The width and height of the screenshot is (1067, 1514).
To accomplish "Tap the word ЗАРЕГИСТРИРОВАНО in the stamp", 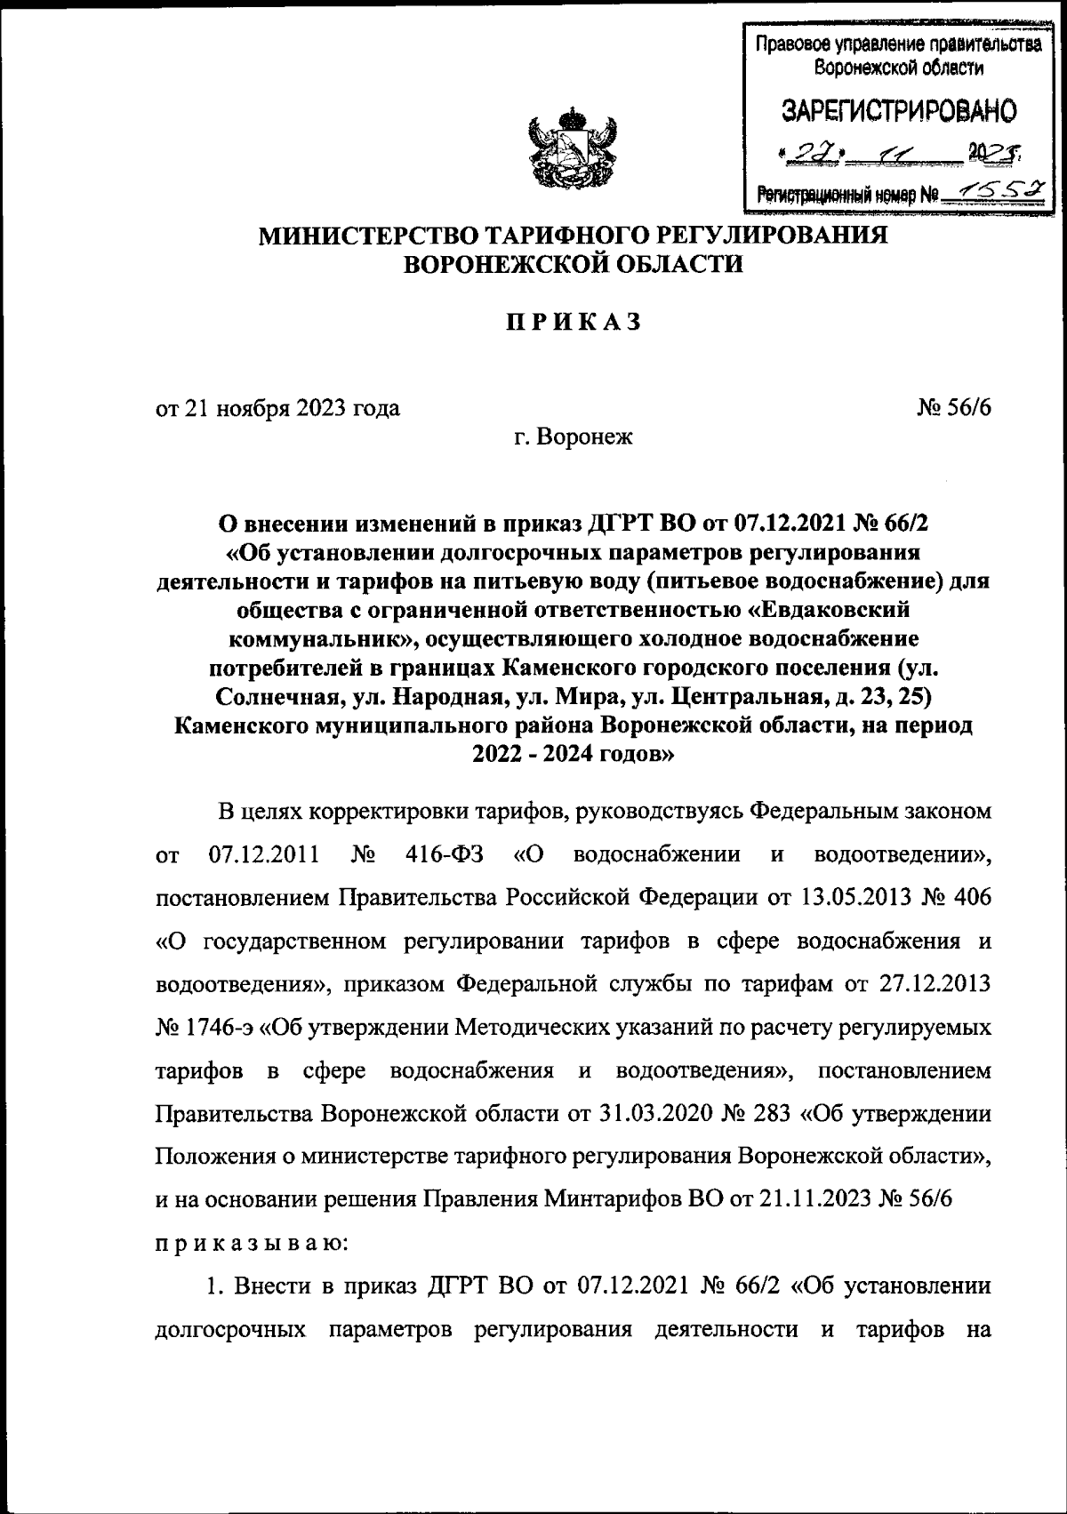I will pyautogui.click(x=898, y=111).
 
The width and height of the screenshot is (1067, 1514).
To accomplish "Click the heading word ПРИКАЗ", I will pyautogui.click(x=574, y=323).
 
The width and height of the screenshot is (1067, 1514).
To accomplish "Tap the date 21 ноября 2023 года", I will pyautogui.click(x=293, y=408).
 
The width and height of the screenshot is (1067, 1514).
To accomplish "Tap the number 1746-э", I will pyautogui.click(x=221, y=1028).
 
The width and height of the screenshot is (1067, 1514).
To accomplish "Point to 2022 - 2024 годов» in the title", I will pyautogui.click(x=574, y=755).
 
